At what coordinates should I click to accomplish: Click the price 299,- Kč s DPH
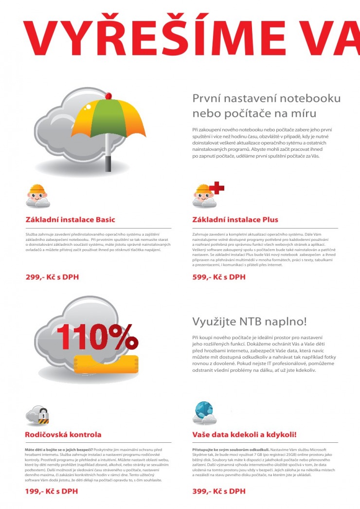[x=52, y=277]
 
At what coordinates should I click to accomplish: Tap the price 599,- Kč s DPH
[x=219, y=277]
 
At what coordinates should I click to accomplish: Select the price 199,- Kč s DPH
[x=52, y=491]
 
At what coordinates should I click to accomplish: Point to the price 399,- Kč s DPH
[x=219, y=491]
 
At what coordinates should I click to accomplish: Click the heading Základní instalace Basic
[x=70, y=219]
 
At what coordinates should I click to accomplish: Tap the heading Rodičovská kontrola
[x=63, y=435]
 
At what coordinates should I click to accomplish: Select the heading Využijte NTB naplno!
[x=250, y=322]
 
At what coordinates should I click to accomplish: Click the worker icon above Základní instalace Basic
[x=37, y=196]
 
